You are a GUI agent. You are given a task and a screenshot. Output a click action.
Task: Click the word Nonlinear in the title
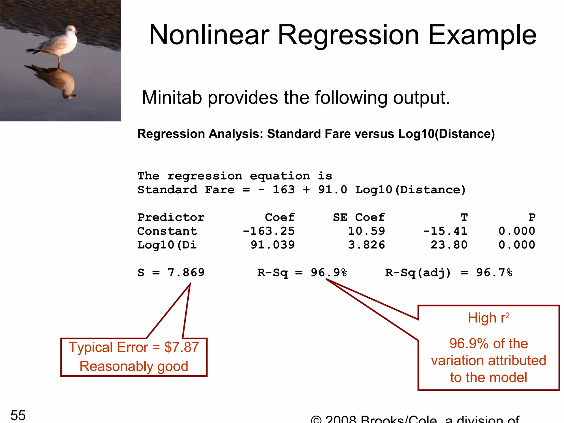[209, 35]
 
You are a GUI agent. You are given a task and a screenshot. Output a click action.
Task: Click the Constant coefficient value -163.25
[269, 231]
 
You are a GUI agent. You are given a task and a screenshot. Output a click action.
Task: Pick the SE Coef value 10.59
[366, 231]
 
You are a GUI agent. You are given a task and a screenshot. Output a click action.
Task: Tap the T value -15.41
[445, 231]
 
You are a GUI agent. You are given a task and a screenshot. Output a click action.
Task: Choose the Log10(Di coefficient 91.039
[272, 245]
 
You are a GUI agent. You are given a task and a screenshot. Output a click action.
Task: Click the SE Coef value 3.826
[366, 245]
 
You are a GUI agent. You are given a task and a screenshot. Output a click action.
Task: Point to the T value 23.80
[449, 245]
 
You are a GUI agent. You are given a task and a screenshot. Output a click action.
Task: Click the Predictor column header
[171, 218]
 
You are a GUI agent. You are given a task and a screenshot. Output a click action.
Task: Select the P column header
[532, 218]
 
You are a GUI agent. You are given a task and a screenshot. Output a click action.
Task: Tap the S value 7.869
[186, 273]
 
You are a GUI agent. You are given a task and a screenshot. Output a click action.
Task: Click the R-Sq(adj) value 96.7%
[494, 273]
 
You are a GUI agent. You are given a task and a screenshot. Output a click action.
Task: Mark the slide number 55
[18, 415]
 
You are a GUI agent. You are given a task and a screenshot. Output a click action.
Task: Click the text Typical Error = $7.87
[134, 347]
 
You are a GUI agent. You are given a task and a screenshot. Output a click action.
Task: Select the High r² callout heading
[489, 318]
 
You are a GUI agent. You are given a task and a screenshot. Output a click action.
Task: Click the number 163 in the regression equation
[283, 190]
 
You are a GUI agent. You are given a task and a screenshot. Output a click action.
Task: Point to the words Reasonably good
[134, 366]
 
